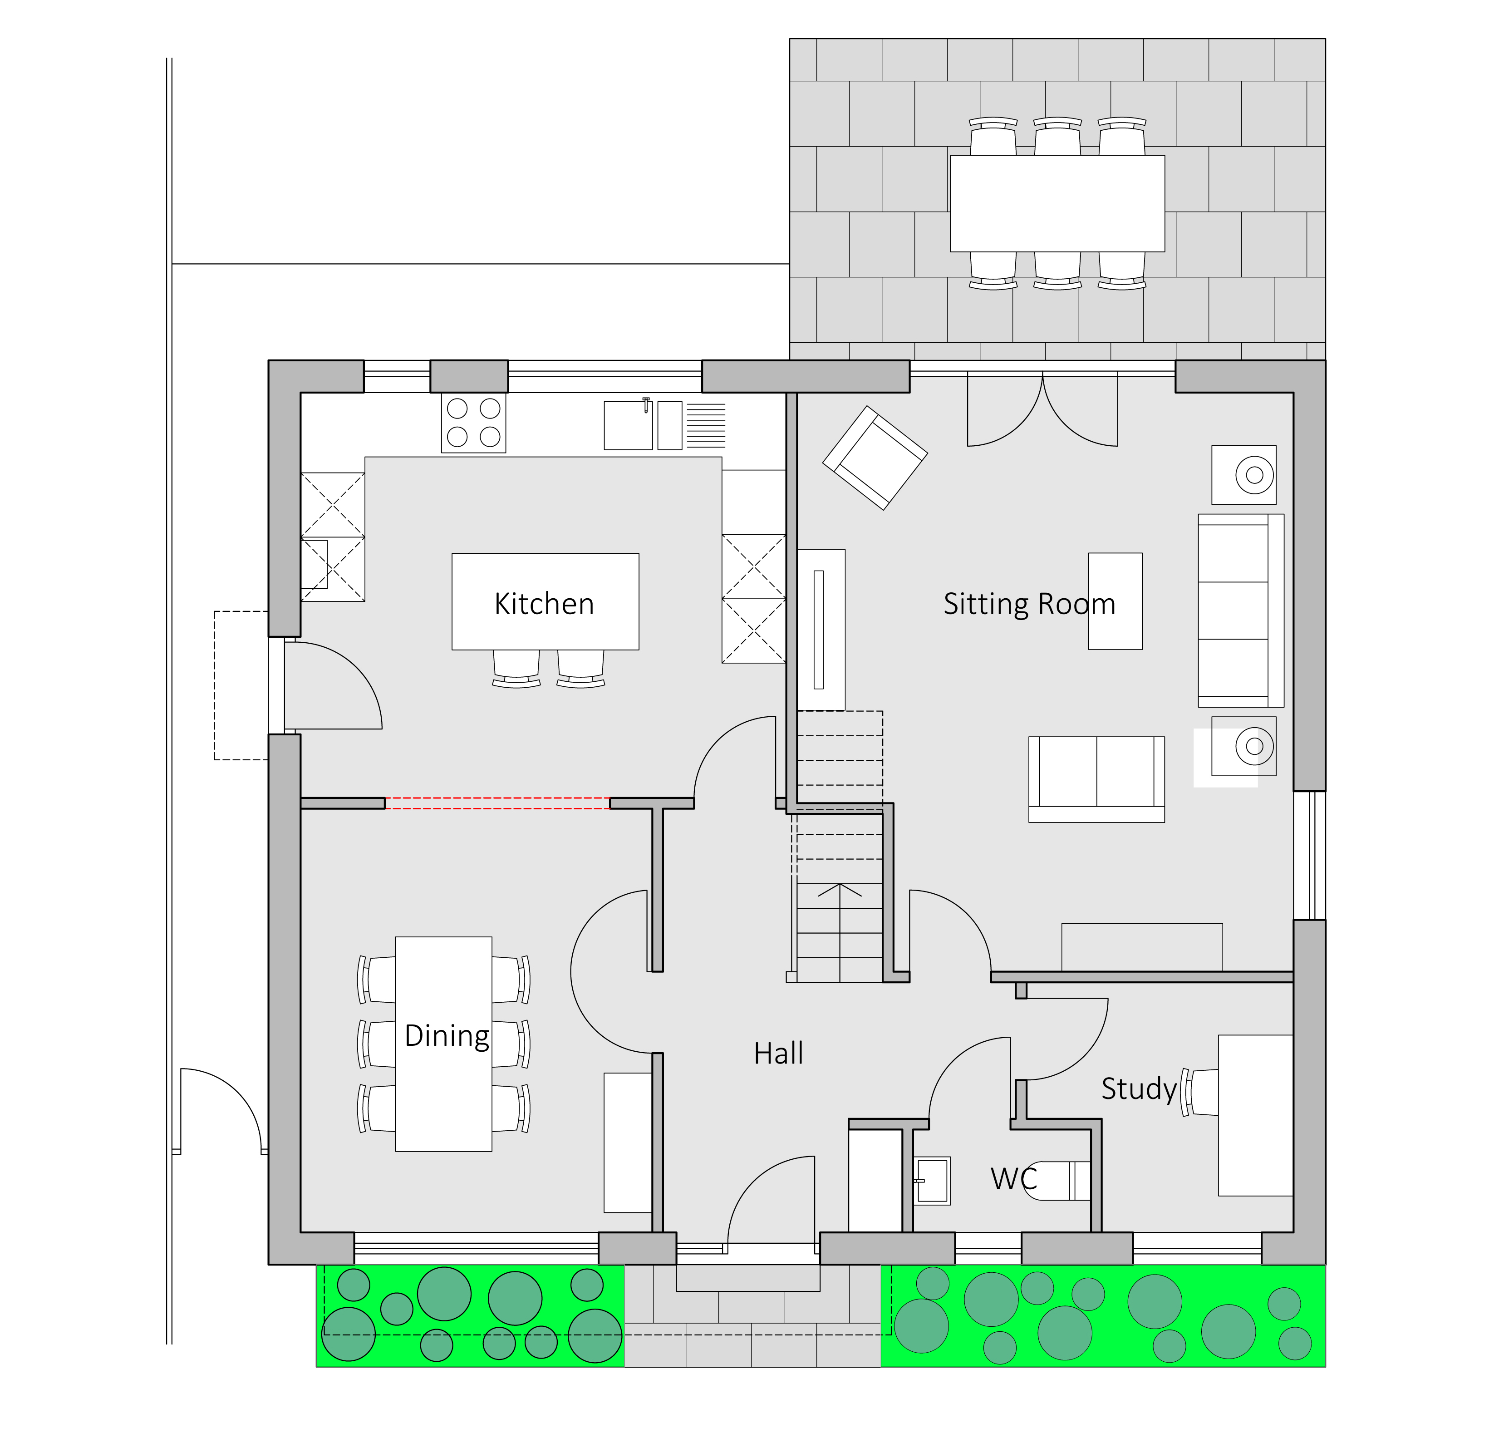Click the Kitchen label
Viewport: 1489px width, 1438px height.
pyautogui.click(x=544, y=604)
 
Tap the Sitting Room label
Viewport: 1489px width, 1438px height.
pyautogui.click(x=1029, y=604)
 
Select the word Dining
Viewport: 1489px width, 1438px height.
pyautogui.click(x=447, y=1036)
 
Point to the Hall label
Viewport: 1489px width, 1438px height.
pyautogui.click(x=779, y=1054)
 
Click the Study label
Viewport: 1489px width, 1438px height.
pyautogui.click(x=1139, y=1088)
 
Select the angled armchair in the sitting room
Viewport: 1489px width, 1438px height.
pyautogui.click(x=875, y=458)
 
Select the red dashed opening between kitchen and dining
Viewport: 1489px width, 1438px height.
pyautogui.click(x=497, y=803)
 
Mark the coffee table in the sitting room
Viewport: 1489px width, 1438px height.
pyautogui.click(x=1115, y=601)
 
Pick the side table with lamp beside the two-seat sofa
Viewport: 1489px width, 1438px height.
pyautogui.click(x=1243, y=746)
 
